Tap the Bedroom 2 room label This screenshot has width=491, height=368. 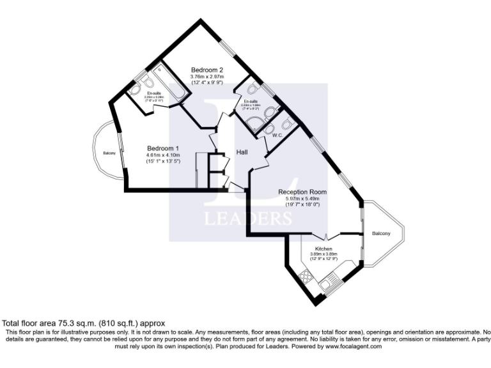coord(208,70)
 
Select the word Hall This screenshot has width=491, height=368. coord(242,152)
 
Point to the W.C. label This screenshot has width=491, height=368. coord(277,135)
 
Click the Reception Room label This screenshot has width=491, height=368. coord(302,192)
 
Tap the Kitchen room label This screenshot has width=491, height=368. coord(323,248)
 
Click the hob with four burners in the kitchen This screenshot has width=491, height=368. coord(304,277)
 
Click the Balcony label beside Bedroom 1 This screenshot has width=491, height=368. coord(109,153)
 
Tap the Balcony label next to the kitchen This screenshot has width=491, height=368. coord(381,234)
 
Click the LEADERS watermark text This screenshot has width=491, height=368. coord(247,219)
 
